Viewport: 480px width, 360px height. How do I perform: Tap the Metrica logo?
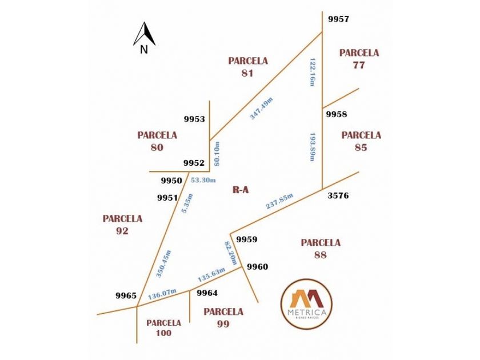(306, 304)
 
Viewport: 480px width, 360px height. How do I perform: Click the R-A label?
(241, 190)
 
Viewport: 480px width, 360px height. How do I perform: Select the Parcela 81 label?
(247, 66)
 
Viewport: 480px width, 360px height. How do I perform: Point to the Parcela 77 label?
(359, 59)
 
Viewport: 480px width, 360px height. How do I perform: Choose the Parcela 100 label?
(163, 327)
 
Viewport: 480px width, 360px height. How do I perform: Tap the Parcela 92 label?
(122, 225)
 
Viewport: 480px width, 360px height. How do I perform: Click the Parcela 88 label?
(321, 249)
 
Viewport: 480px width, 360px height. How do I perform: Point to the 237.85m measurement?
(279, 201)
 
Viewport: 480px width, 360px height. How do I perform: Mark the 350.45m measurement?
(164, 263)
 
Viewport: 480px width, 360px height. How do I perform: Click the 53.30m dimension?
(203, 180)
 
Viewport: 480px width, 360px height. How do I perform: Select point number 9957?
(338, 19)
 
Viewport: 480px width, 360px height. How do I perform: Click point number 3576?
(338, 195)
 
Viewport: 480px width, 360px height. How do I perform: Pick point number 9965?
(126, 295)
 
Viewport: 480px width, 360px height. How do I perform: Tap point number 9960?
(257, 266)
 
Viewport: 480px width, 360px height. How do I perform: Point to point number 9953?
(194, 119)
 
